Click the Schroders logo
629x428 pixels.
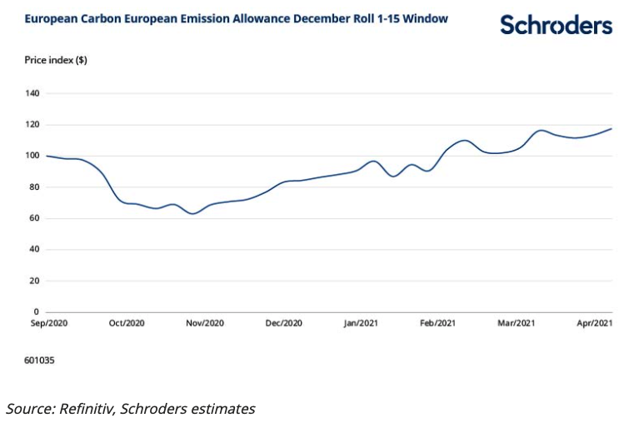coord(556,25)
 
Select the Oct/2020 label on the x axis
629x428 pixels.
coord(127,323)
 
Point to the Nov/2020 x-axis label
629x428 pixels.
coord(204,323)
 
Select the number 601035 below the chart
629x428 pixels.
coord(39,361)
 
